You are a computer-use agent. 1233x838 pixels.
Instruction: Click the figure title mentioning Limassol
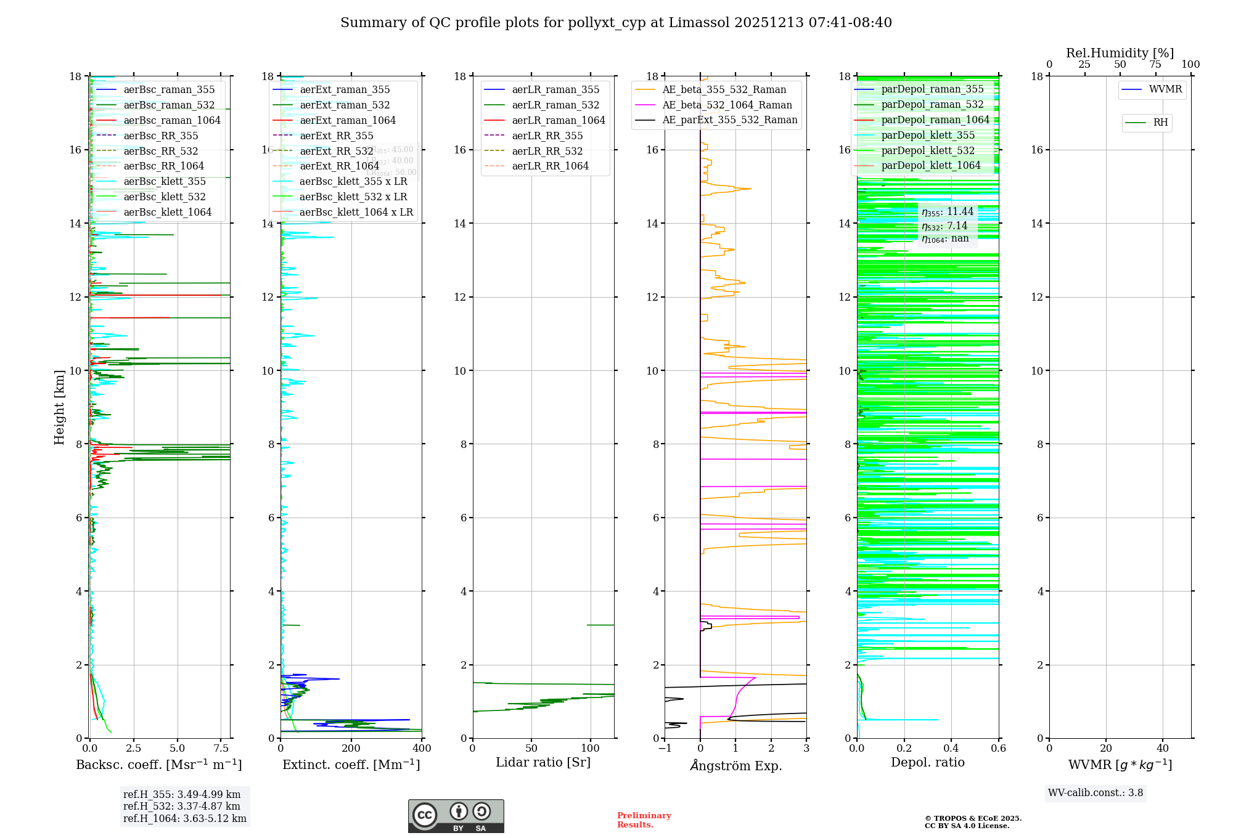pos(616,23)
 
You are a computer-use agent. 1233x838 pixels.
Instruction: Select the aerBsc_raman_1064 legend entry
pos(171,120)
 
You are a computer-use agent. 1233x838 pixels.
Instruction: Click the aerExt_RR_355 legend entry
pos(336,136)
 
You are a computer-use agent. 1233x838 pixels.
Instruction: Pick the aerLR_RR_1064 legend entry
pos(550,166)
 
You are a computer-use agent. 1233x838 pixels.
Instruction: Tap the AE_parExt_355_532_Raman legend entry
pos(729,120)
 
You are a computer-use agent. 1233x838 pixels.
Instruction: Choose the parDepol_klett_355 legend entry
pos(928,135)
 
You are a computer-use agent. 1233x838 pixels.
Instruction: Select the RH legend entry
pos(1160,123)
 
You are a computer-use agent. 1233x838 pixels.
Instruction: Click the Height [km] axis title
pos(59,407)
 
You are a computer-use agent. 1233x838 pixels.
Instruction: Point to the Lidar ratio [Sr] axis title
pos(543,762)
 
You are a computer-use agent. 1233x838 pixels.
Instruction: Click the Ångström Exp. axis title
pos(735,765)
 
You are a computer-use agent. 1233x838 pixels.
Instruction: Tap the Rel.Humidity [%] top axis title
pos(1120,53)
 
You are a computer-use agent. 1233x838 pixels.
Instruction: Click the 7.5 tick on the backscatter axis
pos(221,749)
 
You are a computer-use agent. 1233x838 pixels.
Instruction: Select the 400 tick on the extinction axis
pos(422,749)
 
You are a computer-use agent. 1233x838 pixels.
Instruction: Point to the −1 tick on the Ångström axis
pos(665,749)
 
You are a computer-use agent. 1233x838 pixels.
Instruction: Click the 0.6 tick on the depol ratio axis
pos(998,749)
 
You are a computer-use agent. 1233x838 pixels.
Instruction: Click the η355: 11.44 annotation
pos(948,212)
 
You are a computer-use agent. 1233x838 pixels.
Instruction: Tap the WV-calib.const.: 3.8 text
pos(1096,792)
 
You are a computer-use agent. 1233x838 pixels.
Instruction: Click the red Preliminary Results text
pos(644,820)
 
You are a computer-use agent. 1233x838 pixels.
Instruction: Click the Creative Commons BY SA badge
pos(456,816)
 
